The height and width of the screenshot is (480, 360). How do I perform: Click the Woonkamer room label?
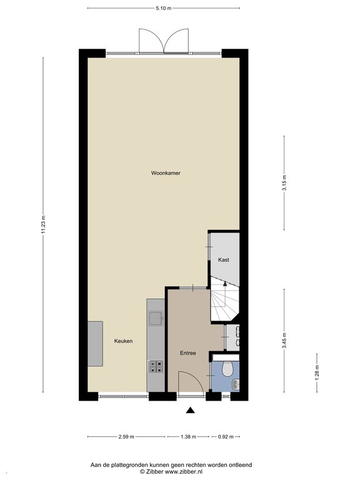pos(166,173)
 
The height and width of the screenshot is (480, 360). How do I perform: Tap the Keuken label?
pos(123,341)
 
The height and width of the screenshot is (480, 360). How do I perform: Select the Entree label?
pos(187,353)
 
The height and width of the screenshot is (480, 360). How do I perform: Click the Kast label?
pos(224,259)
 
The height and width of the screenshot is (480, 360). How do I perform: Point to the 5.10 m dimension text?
pos(164,8)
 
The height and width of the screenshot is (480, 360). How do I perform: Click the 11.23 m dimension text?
pos(43,225)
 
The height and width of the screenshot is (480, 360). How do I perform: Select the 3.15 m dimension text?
pos(284,182)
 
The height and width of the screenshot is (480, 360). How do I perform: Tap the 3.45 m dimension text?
pos(284,341)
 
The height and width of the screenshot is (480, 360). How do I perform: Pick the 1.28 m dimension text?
pos(317,371)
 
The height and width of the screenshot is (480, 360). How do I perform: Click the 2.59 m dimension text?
pos(126,437)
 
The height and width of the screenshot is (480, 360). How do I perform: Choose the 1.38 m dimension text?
pos(188,437)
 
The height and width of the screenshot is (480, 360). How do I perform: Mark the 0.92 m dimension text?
pos(226,437)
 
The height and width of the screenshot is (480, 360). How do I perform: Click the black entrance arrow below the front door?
pos(191,411)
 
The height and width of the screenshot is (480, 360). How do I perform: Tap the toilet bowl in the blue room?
pos(227,369)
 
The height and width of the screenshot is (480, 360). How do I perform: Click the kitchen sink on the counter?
pos(156,318)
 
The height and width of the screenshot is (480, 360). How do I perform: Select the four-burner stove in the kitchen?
pos(156,367)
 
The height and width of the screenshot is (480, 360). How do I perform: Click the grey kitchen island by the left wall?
pos(95,344)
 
